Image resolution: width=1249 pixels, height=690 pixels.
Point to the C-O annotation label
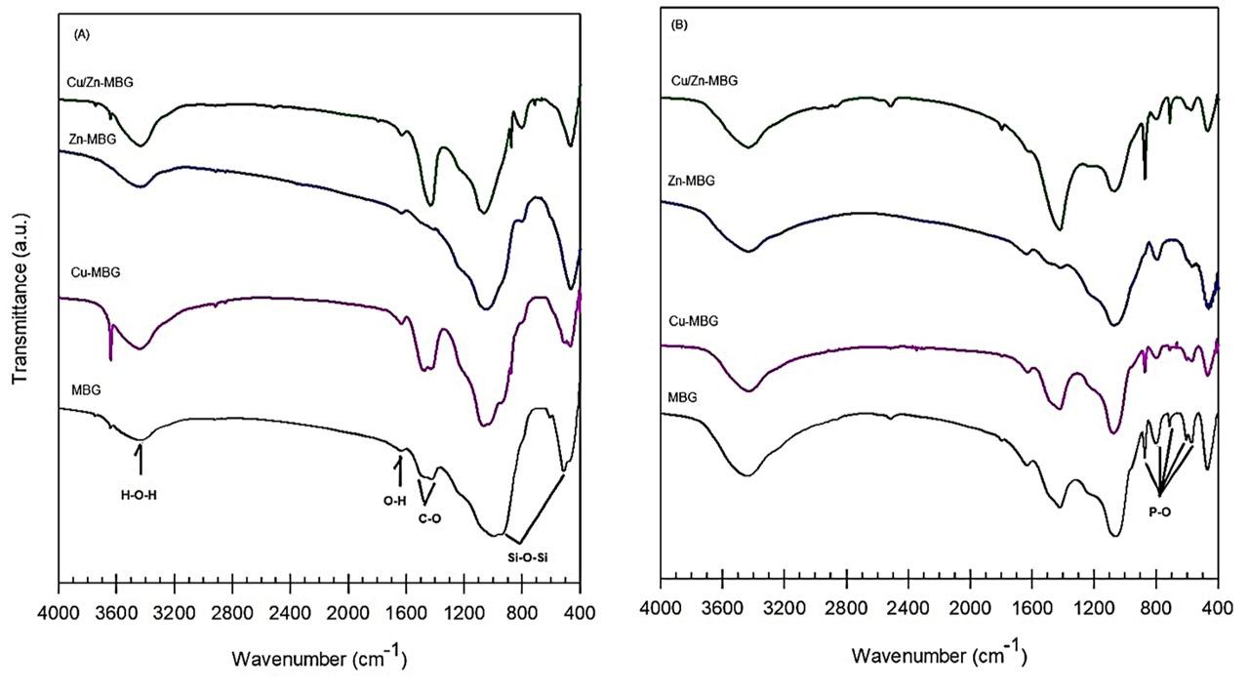[x=430, y=518]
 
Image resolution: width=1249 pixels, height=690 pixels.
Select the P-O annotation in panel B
[x=1160, y=512]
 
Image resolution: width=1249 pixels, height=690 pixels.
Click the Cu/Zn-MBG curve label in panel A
[x=95, y=83]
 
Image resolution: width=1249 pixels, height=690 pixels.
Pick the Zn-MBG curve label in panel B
[x=691, y=182]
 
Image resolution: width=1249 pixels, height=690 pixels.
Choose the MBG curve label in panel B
[x=685, y=398]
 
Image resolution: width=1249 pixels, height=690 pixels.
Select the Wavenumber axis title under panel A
[x=318, y=659]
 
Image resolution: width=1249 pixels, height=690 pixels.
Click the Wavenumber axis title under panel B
[x=939, y=653]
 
